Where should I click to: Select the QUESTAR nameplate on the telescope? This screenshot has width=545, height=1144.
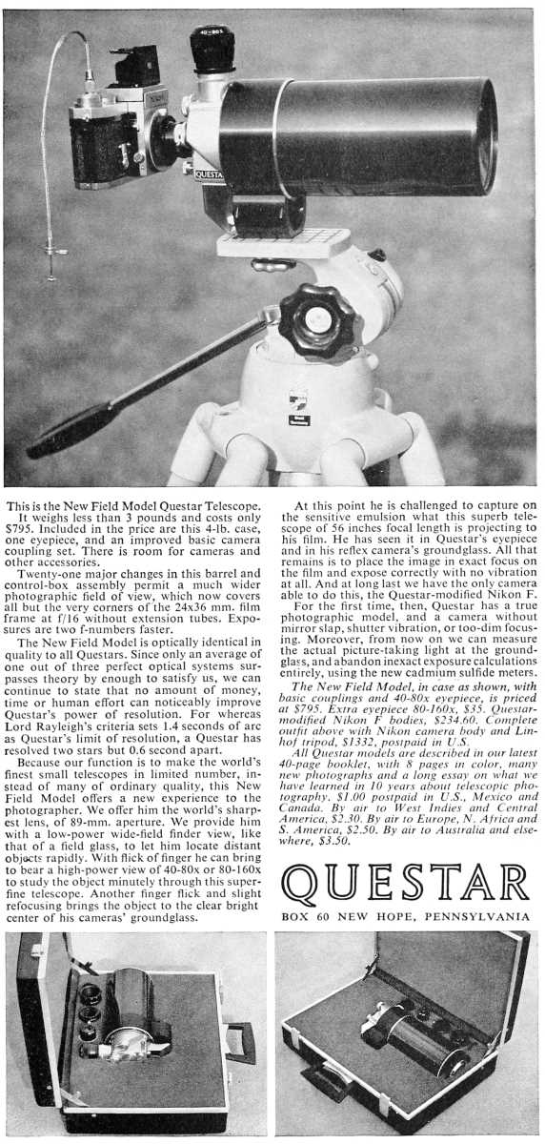tap(209, 174)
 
